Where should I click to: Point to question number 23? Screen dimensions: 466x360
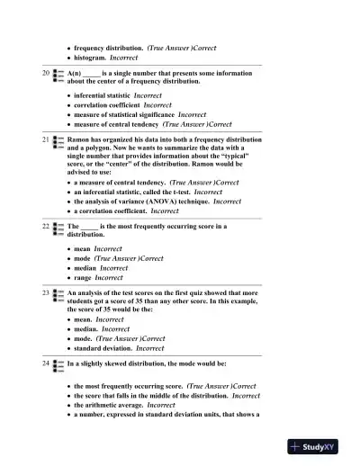[46, 292]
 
